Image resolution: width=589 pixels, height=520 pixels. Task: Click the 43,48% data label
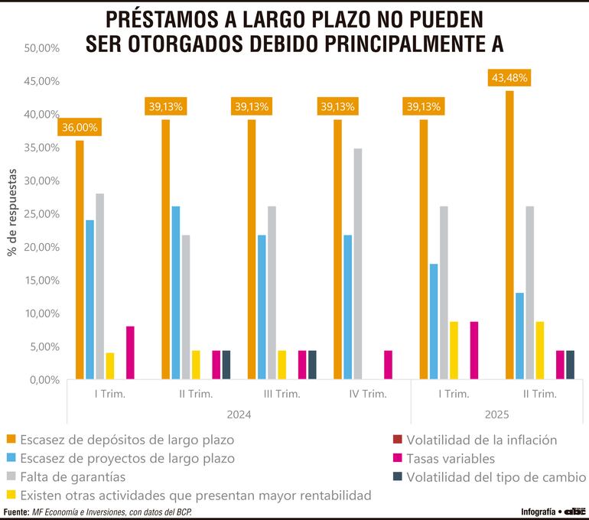click(x=509, y=78)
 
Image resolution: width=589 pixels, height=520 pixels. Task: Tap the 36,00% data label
click(x=80, y=128)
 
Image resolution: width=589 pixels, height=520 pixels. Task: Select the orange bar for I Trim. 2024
click(x=80, y=260)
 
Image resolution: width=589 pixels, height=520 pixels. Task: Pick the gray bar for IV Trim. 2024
click(x=357, y=264)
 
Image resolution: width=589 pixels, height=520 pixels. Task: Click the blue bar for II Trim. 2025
click(x=519, y=336)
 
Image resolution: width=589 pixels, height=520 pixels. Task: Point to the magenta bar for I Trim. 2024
click(x=130, y=353)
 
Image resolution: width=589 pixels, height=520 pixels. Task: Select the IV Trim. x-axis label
click(x=367, y=395)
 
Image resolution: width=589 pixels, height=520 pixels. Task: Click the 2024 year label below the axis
click(x=239, y=414)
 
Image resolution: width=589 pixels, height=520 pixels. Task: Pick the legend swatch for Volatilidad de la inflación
click(x=397, y=440)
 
